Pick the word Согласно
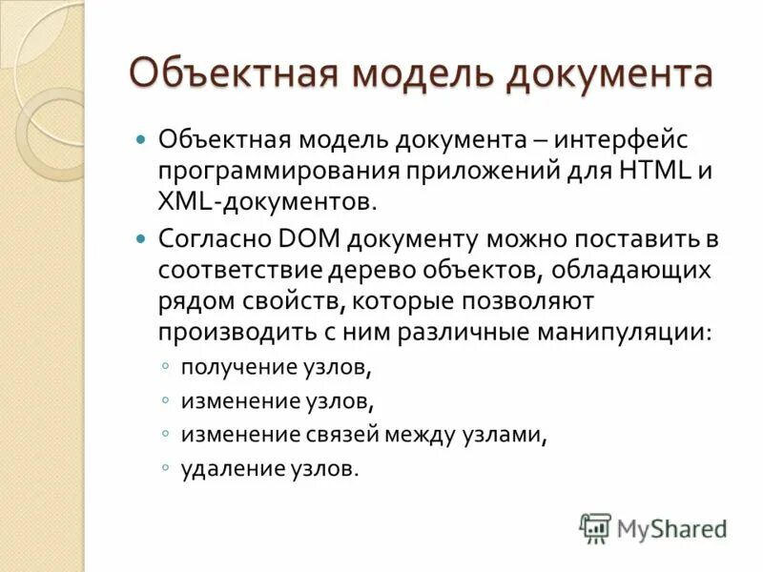click(x=214, y=237)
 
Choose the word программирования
click(x=257, y=173)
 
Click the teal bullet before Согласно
click(x=142, y=237)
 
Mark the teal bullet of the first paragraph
click(x=142, y=140)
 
